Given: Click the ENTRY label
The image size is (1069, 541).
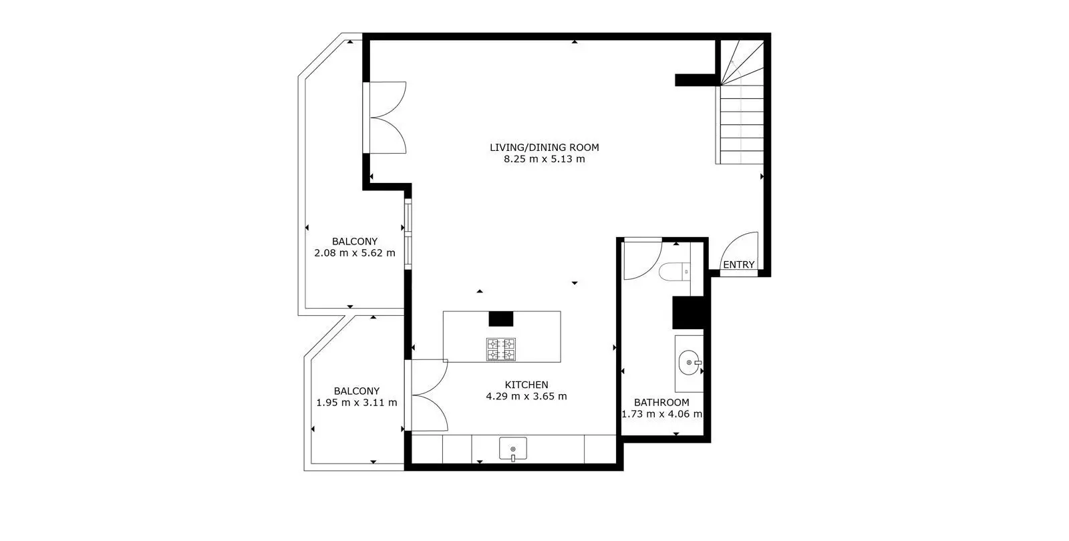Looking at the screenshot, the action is pyautogui.click(x=738, y=264).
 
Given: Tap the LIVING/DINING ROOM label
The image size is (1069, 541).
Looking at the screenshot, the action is pyautogui.click(x=544, y=148).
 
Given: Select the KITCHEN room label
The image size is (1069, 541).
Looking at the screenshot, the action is pyautogui.click(x=526, y=385).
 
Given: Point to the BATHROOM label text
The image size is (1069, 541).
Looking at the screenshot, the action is pyautogui.click(x=661, y=402).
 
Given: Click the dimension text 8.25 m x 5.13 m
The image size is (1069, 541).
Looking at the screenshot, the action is pyautogui.click(x=544, y=159).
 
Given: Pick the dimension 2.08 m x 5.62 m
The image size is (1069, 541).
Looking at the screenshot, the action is pyautogui.click(x=355, y=253).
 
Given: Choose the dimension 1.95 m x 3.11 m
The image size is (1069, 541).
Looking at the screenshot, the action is pyautogui.click(x=357, y=402).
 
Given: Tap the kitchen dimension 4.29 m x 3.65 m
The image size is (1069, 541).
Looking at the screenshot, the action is pyautogui.click(x=526, y=396).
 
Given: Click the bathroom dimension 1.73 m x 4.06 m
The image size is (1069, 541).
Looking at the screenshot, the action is pyautogui.click(x=661, y=413).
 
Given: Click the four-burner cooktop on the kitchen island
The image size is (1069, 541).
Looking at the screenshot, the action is pyautogui.click(x=501, y=349).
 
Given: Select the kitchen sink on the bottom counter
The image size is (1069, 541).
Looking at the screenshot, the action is pyautogui.click(x=513, y=449).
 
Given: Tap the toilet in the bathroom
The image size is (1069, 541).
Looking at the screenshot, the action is pyautogui.click(x=674, y=272).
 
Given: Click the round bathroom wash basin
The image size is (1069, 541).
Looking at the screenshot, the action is pyautogui.click(x=689, y=363).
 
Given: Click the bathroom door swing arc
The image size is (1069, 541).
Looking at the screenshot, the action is pyautogui.click(x=652, y=266).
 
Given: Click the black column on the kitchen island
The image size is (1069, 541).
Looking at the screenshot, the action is pyautogui.click(x=500, y=319).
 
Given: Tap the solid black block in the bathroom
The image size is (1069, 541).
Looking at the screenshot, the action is pyautogui.click(x=688, y=313).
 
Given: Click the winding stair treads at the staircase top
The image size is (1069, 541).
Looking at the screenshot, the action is pyautogui.click(x=742, y=63).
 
